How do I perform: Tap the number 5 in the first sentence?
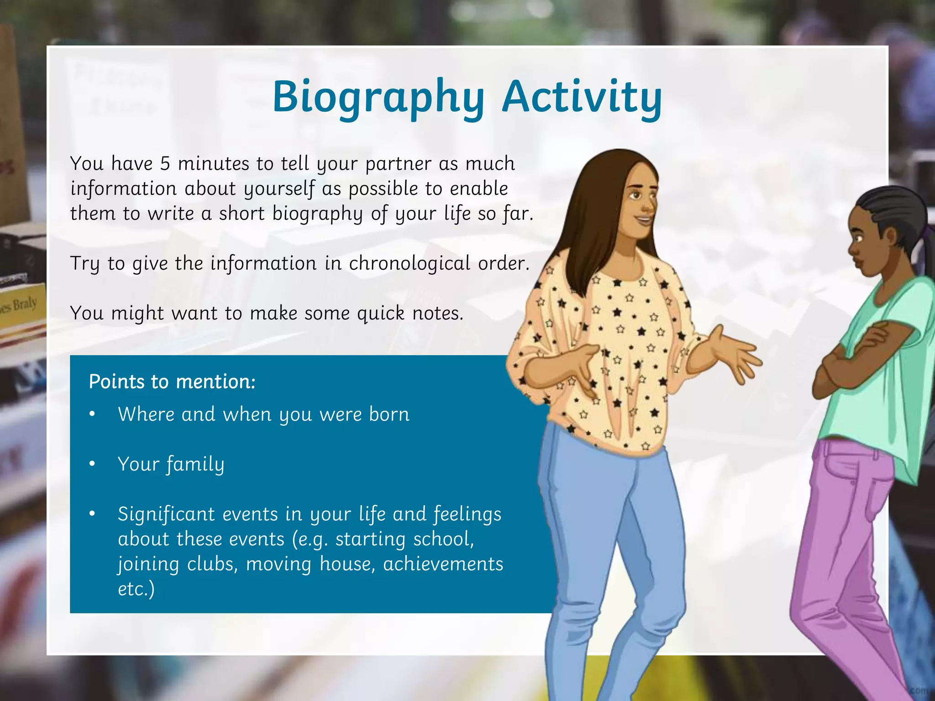coord(165,164)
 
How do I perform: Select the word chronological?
coord(410,263)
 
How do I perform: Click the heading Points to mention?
coord(172,382)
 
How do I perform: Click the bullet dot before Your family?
coord(92,464)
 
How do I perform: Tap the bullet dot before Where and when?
coord(92,414)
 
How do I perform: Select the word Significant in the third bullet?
coord(166,514)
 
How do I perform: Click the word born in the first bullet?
coord(389,414)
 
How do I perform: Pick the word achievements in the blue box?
coord(443,564)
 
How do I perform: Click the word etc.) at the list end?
coord(136,589)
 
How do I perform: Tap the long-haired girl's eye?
coord(635,196)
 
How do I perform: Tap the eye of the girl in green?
coord(859,238)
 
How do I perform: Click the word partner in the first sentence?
coord(398,164)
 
